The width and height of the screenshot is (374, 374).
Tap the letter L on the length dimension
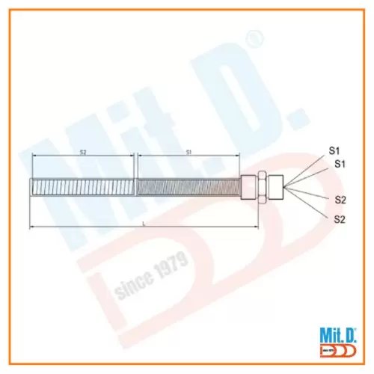[x=144, y=222]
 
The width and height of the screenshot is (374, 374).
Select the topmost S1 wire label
[x=336, y=150]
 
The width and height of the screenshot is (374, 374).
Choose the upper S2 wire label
[x=340, y=200]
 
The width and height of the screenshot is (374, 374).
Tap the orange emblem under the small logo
[x=337, y=349]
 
